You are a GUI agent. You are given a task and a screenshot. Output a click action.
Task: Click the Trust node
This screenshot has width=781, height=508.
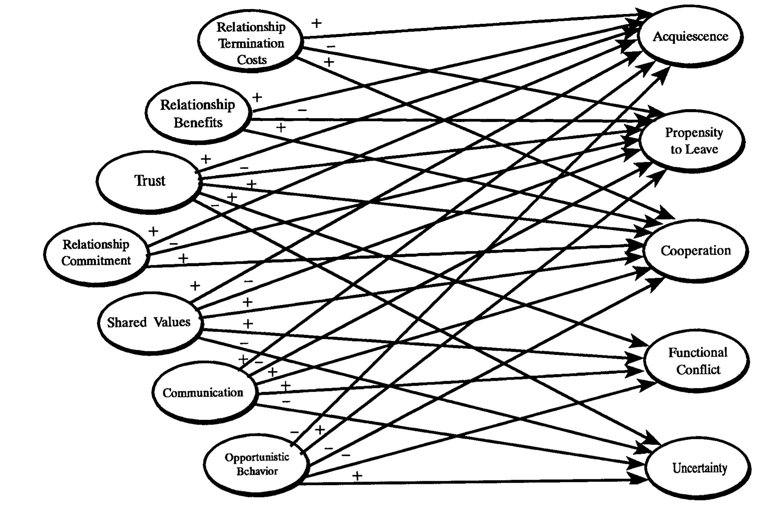tap(149, 181)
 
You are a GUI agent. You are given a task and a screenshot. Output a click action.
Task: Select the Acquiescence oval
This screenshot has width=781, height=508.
tap(690, 37)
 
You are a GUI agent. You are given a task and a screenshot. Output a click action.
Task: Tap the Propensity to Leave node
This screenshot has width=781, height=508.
tap(693, 141)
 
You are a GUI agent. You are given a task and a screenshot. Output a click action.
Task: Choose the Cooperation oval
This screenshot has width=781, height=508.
tap(696, 251)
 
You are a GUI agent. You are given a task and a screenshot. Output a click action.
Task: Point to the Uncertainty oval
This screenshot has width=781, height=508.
tap(700, 468)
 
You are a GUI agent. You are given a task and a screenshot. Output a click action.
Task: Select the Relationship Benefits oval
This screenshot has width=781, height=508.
tap(198, 113)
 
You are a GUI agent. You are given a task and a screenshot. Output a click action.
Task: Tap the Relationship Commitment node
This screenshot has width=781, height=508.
tap(96, 252)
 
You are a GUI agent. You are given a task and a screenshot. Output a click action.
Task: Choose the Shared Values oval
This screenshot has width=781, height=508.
tap(149, 322)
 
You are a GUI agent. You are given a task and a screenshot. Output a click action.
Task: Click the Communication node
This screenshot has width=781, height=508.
tap(203, 393)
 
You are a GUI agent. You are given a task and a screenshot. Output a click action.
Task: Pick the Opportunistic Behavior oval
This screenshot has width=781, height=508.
tap(257, 464)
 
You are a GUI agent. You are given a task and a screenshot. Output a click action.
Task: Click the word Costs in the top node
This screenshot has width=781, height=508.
tap(252, 60)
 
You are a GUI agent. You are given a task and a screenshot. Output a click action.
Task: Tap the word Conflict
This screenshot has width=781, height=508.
tap(698, 369)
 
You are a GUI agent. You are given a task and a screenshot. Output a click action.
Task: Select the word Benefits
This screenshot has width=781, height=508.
tap(198, 123)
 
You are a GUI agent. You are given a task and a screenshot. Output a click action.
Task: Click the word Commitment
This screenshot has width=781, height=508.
tap(96, 261)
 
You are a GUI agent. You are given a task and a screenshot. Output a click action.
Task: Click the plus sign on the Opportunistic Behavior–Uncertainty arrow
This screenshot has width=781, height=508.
tap(357, 476)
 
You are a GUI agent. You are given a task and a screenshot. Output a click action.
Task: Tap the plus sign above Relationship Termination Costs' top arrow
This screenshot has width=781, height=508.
tap(317, 23)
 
